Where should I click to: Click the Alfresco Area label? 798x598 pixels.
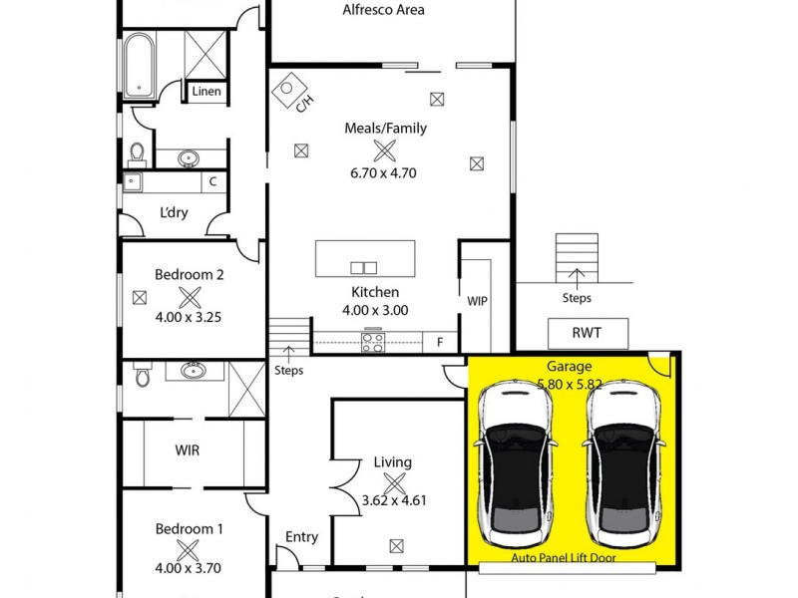383,10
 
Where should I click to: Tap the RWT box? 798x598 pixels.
589,334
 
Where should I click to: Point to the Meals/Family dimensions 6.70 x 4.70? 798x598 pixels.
383,172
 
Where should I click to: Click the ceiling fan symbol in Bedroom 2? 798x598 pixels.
189,296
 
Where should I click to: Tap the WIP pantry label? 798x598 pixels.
477,300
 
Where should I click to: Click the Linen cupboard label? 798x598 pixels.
206,92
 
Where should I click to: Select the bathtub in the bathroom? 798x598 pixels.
138,63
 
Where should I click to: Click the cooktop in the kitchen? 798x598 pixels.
373,342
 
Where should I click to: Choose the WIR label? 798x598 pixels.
188,450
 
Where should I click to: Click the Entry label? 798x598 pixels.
301,537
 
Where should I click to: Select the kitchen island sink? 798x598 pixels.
364,266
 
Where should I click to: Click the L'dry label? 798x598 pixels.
174,213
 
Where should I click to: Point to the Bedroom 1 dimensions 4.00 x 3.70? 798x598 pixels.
189,569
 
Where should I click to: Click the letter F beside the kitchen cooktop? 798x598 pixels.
439,342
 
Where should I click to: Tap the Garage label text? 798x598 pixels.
569,367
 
